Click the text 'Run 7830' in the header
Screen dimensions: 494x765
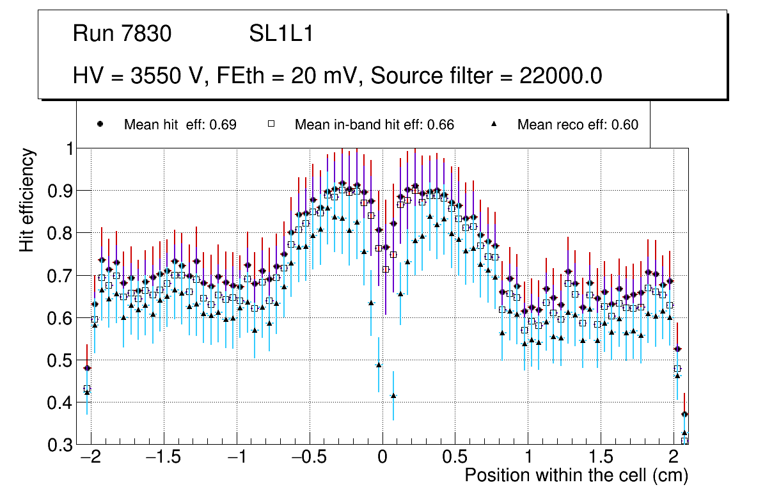tap(122, 34)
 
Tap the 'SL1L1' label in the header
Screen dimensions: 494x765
tap(281, 34)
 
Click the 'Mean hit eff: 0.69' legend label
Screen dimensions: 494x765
tap(180, 125)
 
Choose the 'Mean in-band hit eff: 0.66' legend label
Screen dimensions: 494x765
tap(374, 125)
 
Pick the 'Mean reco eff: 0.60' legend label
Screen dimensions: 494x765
tap(578, 125)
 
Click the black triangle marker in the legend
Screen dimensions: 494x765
tap(494, 124)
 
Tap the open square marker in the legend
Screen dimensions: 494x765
tap(271, 124)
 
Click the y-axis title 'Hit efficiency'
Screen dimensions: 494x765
tap(28, 200)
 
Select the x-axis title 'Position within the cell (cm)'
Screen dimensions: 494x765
tap(576, 475)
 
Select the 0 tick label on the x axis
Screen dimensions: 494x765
tap(382, 458)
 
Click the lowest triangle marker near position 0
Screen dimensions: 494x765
tap(393, 395)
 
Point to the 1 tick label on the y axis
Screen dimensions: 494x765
tap(67, 148)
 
